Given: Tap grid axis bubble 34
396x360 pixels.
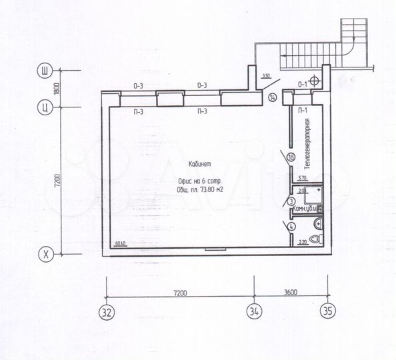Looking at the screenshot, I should point(255,310).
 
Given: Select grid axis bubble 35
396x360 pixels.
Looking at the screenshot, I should point(327,310).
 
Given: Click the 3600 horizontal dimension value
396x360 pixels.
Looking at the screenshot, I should point(289,291).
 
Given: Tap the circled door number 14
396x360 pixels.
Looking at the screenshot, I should point(272,98).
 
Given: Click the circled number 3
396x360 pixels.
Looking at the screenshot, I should point(291,201).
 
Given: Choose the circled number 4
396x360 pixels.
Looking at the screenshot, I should point(291,227).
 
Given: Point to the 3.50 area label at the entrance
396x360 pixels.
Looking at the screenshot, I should point(266,76).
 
